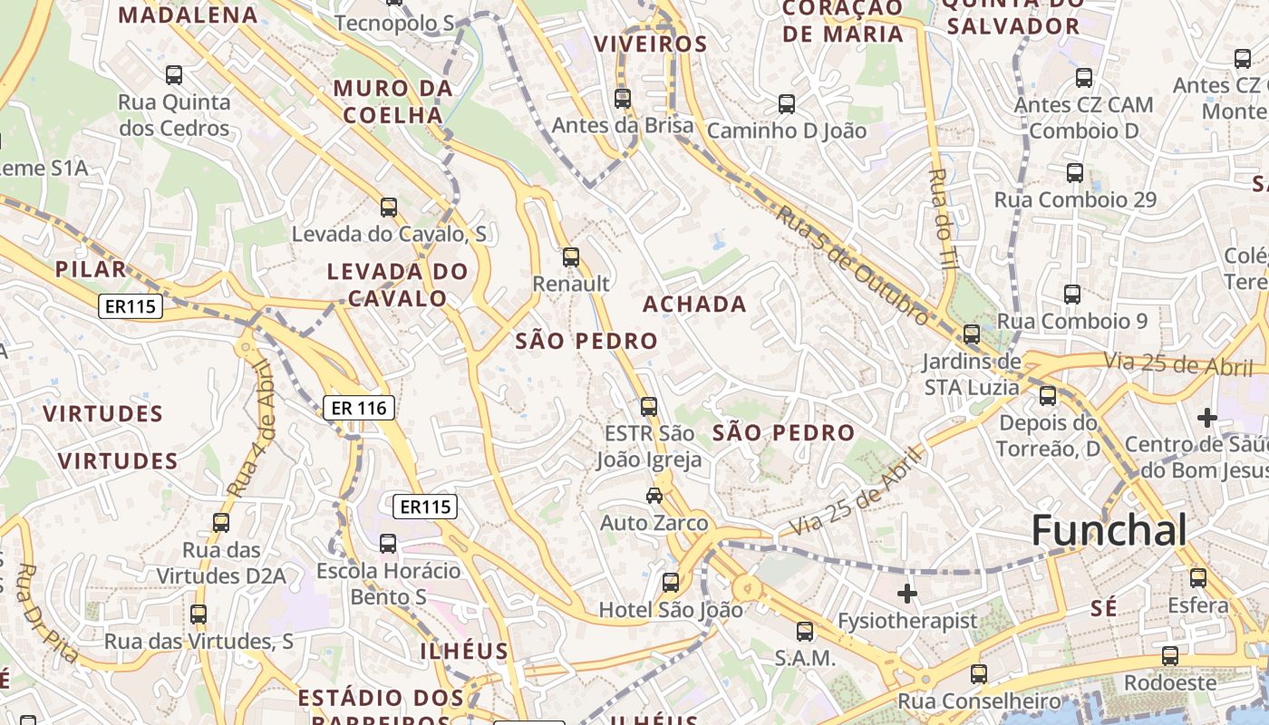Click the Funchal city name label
pyautogui.click(x=1109, y=530)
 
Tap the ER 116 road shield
pyautogui.click(x=359, y=408)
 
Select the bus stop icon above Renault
pyautogui.click(x=570, y=256)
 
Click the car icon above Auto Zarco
pyautogui.click(x=654, y=495)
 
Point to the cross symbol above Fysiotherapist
pyautogui.click(x=906, y=594)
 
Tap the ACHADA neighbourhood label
pyautogui.click(x=694, y=304)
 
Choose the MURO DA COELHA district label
pyautogui.click(x=392, y=101)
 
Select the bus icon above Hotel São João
pyautogui.click(x=670, y=582)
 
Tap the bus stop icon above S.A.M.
pyautogui.click(x=804, y=631)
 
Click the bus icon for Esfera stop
pyautogui.click(x=1197, y=577)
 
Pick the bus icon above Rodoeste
pyautogui.click(x=1170, y=655)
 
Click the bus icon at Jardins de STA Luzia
pyautogui.click(x=971, y=334)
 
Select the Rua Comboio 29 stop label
pyautogui.click(x=1075, y=199)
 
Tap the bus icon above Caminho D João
pyautogui.click(x=786, y=104)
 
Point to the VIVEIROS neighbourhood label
pyautogui.click(x=650, y=43)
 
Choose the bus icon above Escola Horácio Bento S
pyautogui.click(x=387, y=543)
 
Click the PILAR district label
pyautogui.click(x=90, y=269)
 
